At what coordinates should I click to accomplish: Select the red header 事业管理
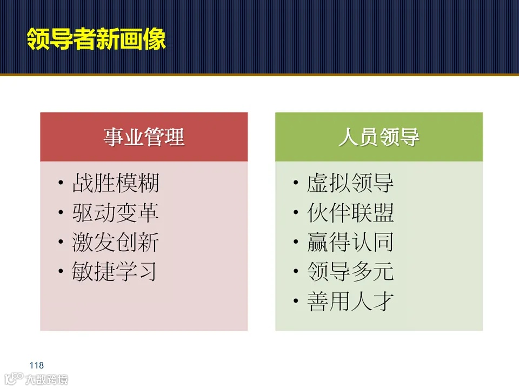[x=144, y=137]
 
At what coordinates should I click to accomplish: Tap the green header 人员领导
[x=378, y=137]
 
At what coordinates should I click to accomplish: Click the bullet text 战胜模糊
[x=116, y=184]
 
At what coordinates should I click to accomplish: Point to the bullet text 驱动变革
[x=116, y=213]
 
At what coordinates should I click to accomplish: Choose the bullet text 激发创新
[x=116, y=243]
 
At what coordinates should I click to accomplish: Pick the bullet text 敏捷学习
[x=115, y=272]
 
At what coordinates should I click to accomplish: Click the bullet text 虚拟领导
[x=350, y=184]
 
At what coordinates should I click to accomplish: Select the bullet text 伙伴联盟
[x=350, y=213]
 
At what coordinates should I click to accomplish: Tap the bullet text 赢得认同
[x=350, y=243]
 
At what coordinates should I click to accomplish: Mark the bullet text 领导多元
[x=350, y=272]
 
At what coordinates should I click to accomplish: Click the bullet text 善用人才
[x=350, y=301]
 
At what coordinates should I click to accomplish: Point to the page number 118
[x=37, y=366]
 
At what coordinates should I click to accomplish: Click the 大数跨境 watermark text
[x=46, y=380]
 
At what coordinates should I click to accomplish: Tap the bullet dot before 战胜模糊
[x=61, y=184]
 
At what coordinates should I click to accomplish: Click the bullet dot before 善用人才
[x=295, y=301]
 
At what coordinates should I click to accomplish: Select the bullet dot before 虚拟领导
[x=295, y=184]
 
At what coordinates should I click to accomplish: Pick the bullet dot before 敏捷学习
[x=61, y=272]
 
